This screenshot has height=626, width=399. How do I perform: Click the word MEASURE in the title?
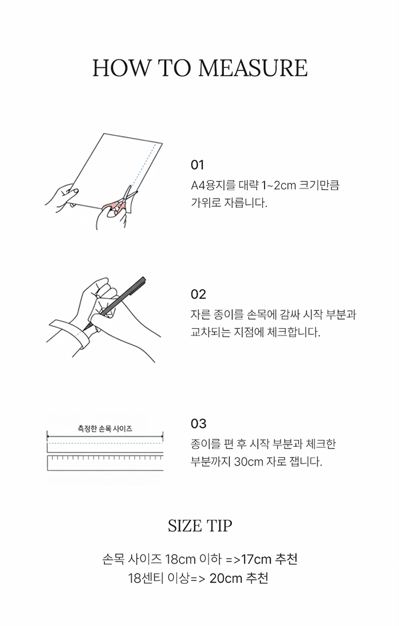click(x=253, y=68)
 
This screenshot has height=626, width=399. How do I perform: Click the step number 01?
click(x=197, y=165)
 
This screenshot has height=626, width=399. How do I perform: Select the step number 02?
click(x=198, y=294)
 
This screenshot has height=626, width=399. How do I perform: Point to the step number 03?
click(x=198, y=423)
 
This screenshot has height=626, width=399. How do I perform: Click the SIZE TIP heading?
click(x=199, y=526)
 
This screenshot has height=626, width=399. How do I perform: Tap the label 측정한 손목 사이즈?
click(x=105, y=429)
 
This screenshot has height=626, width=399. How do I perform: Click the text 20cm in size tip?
click(x=226, y=578)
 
